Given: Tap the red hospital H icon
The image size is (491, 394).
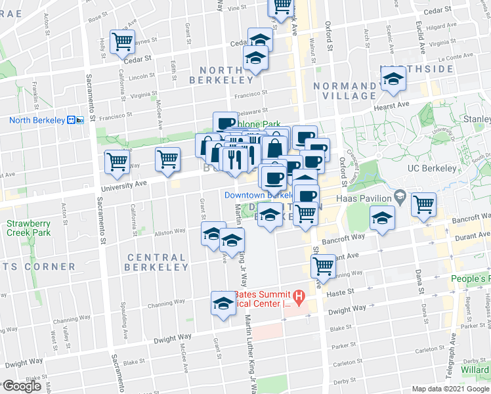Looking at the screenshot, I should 299,297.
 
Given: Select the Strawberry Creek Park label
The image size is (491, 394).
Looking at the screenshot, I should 28,228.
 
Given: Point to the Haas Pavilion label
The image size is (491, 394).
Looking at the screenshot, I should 364,198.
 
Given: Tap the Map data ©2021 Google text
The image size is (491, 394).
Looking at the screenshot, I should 450,389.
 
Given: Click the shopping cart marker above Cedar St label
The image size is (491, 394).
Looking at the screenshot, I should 123,42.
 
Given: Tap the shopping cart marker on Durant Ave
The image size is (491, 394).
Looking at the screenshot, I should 323,266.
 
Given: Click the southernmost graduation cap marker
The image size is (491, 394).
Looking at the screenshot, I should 223,303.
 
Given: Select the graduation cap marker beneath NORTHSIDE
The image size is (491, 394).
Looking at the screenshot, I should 393,80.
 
